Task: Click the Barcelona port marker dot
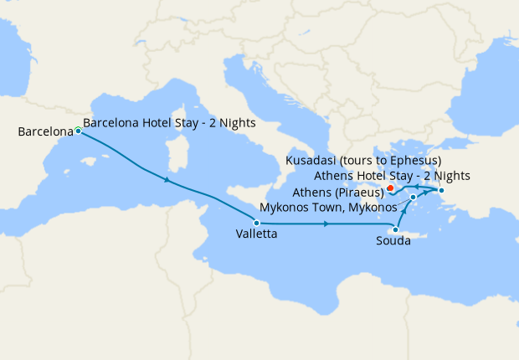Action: (78, 131)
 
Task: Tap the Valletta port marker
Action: (257, 223)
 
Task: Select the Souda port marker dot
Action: (395, 229)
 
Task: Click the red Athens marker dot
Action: (391, 188)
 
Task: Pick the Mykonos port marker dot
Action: (414, 198)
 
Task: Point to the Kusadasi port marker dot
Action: (441, 192)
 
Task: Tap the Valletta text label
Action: (256, 235)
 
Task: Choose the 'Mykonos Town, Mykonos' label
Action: (328, 206)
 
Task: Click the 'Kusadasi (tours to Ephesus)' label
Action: (363, 160)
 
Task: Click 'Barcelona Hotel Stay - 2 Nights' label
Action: (170, 122)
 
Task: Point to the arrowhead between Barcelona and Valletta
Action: (168, 181)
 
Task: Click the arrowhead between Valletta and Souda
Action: (326, 224)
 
